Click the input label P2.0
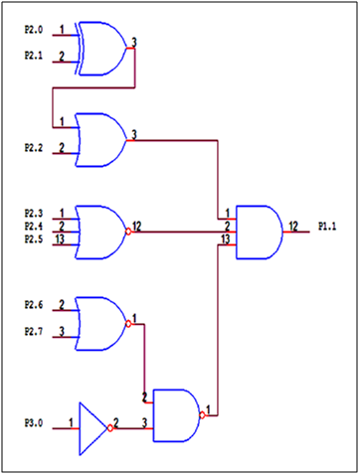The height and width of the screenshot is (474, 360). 34,31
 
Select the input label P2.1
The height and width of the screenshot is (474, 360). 34,58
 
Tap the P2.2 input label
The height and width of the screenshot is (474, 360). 34,148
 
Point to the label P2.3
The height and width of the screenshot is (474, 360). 34,214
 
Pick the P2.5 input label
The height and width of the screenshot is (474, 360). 34,239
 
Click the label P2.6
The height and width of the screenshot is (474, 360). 34,305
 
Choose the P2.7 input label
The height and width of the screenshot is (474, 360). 34,332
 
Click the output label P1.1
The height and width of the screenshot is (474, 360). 327,228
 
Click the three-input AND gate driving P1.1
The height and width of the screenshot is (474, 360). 259,231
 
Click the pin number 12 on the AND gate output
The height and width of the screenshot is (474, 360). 294,226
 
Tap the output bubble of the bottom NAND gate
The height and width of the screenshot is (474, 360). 203,413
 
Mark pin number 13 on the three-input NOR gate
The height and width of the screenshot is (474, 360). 62,239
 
